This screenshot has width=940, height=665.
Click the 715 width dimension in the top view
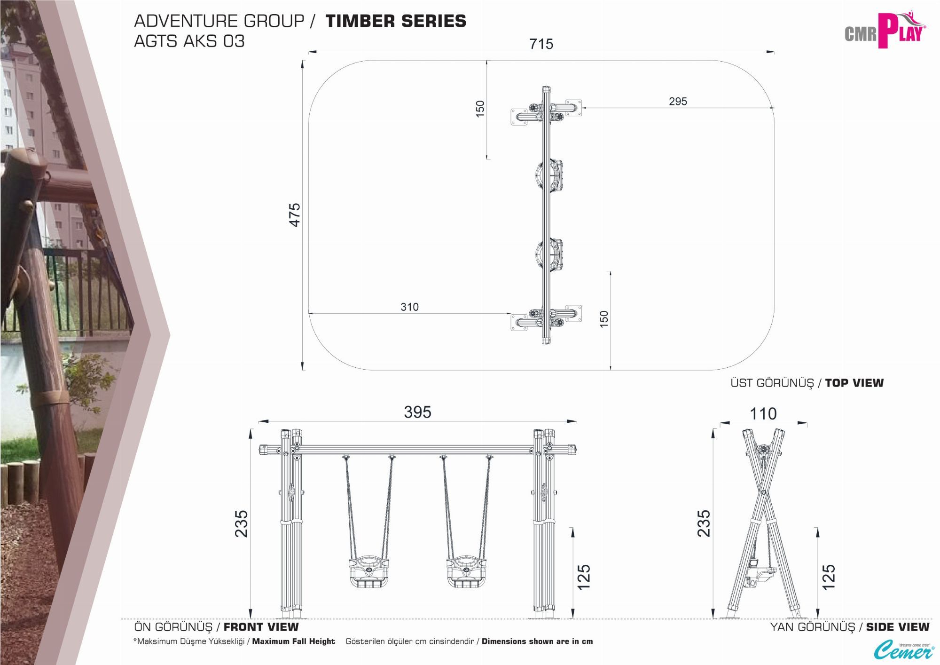pos(541,44)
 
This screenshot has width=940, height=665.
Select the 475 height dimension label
pos(294,215)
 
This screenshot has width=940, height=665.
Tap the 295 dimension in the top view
pos(678,101)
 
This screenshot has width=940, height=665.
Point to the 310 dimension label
pos(409,307)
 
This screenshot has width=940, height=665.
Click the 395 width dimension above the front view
pos(417,412)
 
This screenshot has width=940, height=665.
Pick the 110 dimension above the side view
pos(763,414)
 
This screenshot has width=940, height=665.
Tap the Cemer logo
pos(904,649)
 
